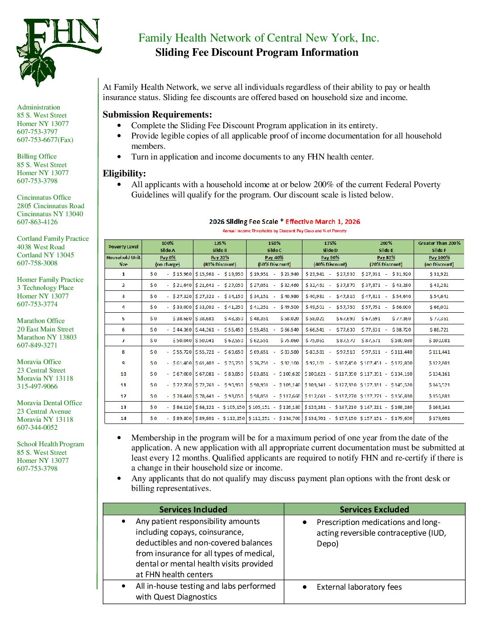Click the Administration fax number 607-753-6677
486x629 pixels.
(45, 140)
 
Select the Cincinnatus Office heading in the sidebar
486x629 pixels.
(44, 197)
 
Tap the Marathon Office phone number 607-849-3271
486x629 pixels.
(37, 345)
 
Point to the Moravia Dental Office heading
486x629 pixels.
(49, 403)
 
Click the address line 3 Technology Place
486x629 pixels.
(45, 288)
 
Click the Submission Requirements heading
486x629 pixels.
(157, 114)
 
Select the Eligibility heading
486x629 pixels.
(124, 173)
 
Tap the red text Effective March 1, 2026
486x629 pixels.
(323, 222)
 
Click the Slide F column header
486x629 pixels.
(439, 250)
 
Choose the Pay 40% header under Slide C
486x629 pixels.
(274, 258)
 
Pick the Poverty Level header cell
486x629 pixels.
(123, 247)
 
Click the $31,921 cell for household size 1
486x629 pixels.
(439, 274)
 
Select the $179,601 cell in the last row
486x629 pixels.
(439, 419)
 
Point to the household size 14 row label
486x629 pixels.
(123, 419)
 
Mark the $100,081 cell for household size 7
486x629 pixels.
(439, 341)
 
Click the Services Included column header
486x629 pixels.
(193, 509)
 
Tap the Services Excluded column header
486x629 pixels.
(374, 509)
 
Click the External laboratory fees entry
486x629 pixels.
(359, 587)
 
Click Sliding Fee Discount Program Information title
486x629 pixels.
(257, 52)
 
